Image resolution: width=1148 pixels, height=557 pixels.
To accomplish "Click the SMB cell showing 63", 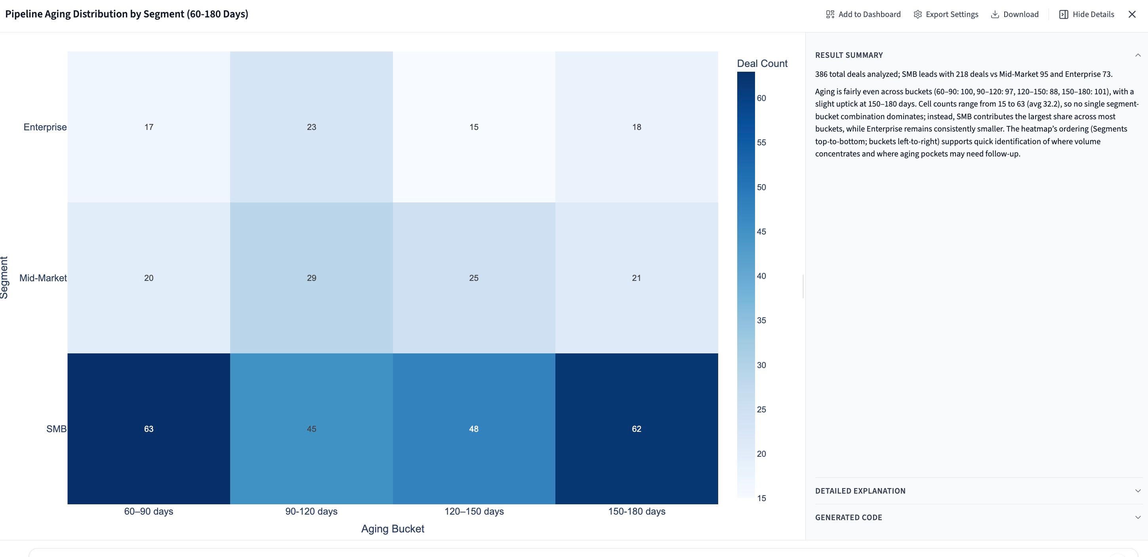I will coord(149,429).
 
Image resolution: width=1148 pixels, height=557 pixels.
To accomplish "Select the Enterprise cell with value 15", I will coord(474,127).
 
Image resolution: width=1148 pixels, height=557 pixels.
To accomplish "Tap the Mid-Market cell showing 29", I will coord(311,278).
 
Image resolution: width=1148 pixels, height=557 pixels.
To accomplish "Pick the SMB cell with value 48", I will coord(474,429).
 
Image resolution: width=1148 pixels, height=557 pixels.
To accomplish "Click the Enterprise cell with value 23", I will coord(311,127).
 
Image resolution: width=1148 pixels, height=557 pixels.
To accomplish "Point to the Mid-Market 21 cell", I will coord(636,278).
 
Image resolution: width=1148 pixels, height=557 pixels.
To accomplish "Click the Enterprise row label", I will coord(45,127).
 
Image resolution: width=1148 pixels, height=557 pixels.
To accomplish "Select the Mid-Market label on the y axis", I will coord(43,278).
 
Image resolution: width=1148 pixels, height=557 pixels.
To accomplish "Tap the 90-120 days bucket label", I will coord(311,511).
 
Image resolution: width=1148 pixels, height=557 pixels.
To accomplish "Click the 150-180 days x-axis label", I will coord(636,511).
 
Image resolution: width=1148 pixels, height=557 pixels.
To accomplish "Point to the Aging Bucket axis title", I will coord(393,528).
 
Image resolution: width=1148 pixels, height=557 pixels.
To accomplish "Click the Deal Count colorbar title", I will coord(762,63).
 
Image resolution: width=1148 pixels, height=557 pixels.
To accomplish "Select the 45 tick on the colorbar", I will coord(761,232).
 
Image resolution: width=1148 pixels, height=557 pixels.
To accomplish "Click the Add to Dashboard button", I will coord(863,14).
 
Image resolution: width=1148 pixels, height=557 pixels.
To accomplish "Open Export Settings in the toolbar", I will coord(946,14).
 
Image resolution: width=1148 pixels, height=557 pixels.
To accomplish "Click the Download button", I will coord(1015,14).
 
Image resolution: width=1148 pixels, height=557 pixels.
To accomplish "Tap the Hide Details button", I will coord(1087,14).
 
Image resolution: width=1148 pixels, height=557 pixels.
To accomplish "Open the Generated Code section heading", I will coord(849,517).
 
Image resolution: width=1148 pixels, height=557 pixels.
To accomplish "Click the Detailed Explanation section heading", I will coord(860,490).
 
